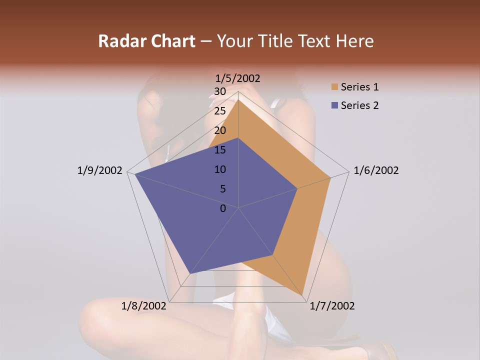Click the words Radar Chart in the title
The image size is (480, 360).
click(x=146, y=41)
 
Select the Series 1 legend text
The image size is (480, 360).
click(x=359, y=87)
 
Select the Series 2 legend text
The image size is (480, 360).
click(x=359, y=105)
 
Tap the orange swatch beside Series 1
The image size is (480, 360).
click(x=334, y=87)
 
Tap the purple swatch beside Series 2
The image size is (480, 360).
click(x=334, y=105)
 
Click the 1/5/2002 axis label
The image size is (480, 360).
click(x=238, y=78)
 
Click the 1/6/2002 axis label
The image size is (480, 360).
click(x=376, y=170)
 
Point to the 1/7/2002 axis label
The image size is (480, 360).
click(x=332, y=306)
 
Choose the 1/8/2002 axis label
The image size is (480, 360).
click(x=144, y=306)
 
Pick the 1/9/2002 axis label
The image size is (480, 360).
click(x=100, y=170)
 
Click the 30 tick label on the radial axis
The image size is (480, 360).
click(x=220, y=91)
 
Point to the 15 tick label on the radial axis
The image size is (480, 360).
click(x=220, y=150)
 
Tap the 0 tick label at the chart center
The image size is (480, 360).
click(x=223, y=208)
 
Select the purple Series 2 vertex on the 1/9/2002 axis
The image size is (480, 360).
click(x=134, y=174)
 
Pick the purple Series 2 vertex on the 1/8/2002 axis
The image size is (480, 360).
click(x=190, y=274)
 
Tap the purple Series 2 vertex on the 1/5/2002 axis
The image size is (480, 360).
click(x=238, y=138)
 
